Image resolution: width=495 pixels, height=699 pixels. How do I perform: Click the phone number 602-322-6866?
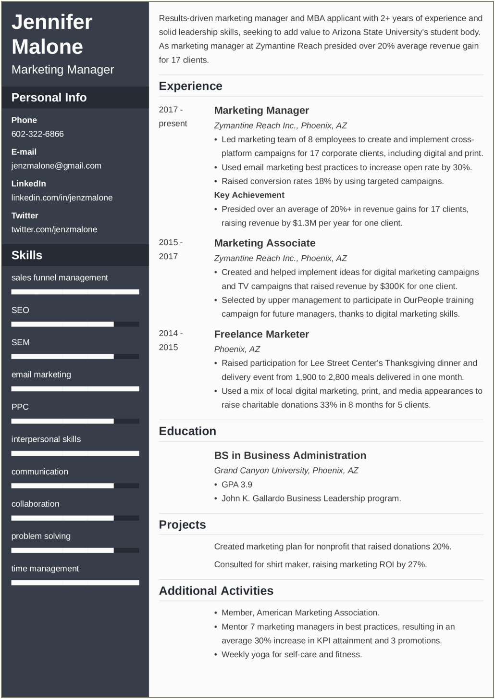(37, 134)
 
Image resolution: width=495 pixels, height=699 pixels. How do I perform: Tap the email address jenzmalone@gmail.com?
(56, 166)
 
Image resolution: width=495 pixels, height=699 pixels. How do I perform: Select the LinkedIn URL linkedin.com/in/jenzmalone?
(62, 198)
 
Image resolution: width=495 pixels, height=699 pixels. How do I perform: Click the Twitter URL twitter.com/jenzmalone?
(54, 229)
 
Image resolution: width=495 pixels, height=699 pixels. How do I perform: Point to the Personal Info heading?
(49, 98)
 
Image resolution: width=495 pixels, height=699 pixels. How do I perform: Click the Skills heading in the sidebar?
(27, 255)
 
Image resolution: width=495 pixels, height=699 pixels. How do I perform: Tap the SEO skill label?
(20, 310)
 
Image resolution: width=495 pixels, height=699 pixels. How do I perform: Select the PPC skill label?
(20, 407)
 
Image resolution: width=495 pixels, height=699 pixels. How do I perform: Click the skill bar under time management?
(75, 583)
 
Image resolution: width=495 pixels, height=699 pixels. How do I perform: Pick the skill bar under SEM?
(75, 357)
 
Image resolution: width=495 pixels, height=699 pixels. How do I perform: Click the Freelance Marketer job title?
(261, 334)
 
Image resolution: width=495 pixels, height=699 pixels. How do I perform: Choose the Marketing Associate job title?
(265, 243)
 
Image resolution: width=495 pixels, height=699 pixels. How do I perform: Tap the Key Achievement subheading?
(249, 195)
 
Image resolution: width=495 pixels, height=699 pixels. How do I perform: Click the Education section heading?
(187, 431)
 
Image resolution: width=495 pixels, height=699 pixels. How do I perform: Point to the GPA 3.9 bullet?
(236, 485)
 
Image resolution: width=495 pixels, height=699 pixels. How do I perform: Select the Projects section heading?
(182, 525)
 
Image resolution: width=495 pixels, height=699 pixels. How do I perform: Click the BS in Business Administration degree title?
(290, 455)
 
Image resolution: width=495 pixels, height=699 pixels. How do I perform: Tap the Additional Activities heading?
(216, 591)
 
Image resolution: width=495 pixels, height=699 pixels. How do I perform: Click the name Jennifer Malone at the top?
(51, 34)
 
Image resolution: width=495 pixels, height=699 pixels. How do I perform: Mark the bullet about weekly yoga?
(291, 654)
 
